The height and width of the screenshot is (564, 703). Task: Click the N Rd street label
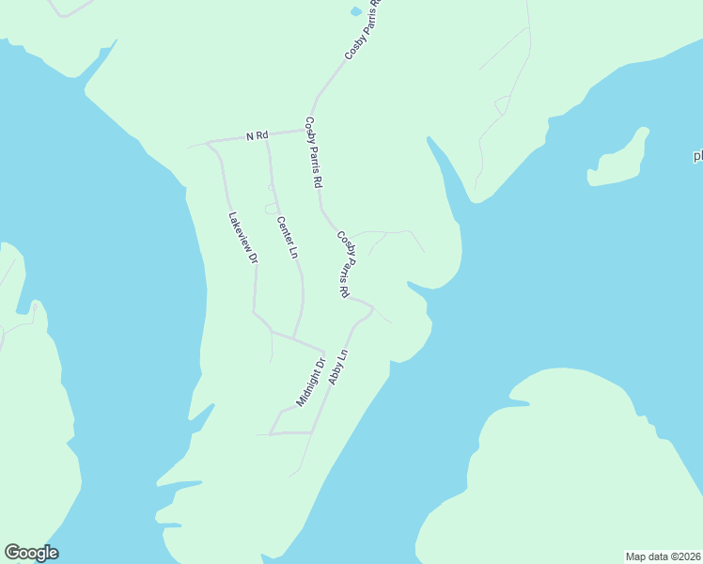(x=257, y=136)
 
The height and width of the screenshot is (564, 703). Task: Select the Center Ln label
(x=287, y=238)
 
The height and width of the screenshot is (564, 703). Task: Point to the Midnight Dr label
(x=311, y=382)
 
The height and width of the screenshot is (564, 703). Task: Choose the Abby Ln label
(x=338, y=367)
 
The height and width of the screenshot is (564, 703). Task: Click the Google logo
(x=31, y=553)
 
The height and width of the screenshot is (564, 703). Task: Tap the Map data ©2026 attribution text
(x=663, y=556)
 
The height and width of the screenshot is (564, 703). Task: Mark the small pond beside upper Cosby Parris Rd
(x=355, y=12)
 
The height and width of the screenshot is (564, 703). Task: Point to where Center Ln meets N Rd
(x=267, y=137)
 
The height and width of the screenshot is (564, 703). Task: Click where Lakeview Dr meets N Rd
(x=208, y=143)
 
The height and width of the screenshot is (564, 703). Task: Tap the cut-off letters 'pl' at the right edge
(x=697, y=156)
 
